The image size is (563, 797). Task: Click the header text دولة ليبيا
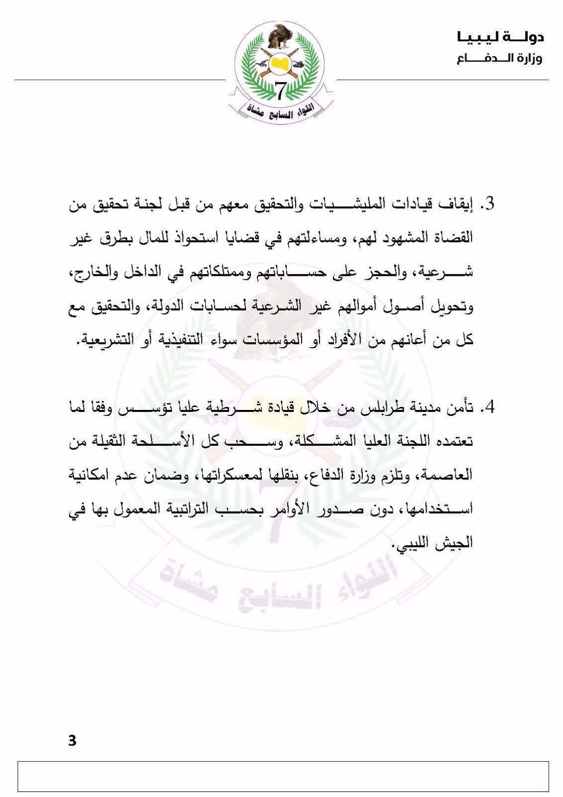coord(500,37)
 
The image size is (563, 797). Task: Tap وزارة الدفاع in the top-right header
coord(500,59)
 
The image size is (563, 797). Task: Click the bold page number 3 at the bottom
coord(72,741)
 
